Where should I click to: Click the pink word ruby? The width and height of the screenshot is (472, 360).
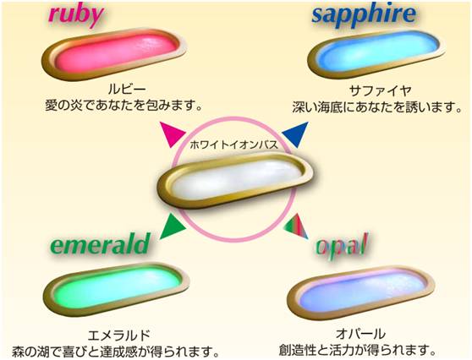click(76, 16)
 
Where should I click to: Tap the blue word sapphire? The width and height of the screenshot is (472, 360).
click(364, 15)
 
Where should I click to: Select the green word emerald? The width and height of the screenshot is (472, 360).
click(100, 244)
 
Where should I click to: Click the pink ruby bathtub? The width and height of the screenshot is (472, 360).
click(114, 53)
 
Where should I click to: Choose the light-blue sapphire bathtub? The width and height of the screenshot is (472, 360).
click(376, 53)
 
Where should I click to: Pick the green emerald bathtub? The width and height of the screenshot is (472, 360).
click(116, 289)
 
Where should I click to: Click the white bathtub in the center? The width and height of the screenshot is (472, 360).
click(235, 181)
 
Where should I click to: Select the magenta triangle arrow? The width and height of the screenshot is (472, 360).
click(171, 134)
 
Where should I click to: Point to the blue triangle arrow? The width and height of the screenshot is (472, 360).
click(296, 134)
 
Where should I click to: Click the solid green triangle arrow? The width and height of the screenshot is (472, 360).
click(173, 226)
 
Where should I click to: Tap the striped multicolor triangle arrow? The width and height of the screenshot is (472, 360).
click(295, 226)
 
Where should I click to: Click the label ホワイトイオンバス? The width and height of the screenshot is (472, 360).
click(233, 145)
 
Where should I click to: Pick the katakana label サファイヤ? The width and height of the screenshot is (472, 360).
click(380, 90)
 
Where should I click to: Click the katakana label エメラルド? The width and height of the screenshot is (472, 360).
click(118, 335)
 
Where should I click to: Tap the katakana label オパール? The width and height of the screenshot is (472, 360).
click(360, 334)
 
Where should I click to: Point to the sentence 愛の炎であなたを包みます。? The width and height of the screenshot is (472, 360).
click(123, 106)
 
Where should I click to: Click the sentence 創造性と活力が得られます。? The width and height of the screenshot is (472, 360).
click(358, 350)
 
